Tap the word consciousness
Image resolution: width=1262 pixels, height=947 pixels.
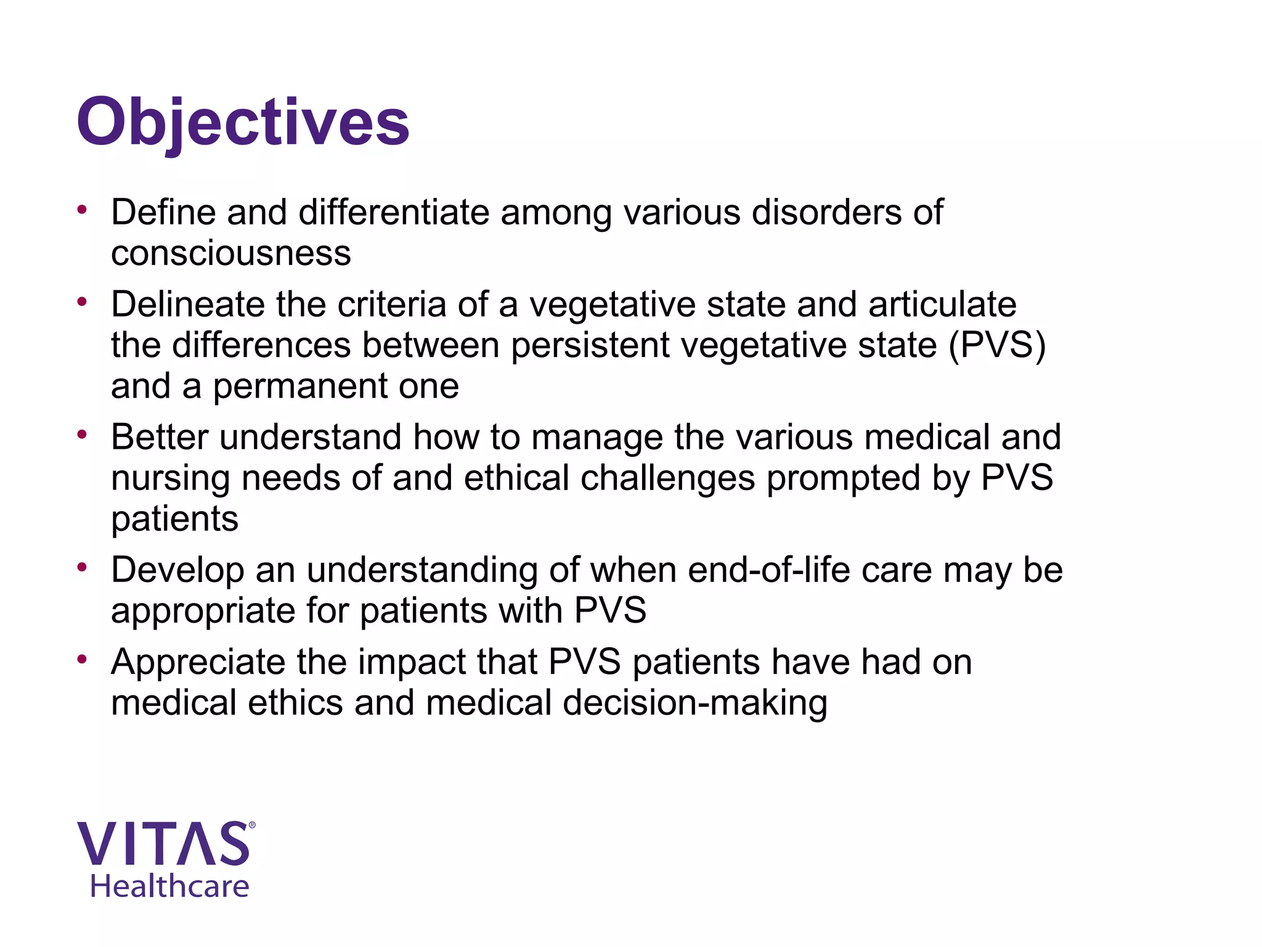[x=230, y=253]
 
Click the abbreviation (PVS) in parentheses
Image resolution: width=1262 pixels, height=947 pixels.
[x=996, y=345]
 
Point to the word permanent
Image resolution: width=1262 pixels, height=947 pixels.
[x=300, y=387]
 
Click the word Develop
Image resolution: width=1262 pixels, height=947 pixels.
[x=177, y=570]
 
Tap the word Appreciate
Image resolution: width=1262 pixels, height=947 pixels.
[x=198, y=662]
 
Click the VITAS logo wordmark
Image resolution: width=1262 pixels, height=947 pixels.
[x=163, y=843]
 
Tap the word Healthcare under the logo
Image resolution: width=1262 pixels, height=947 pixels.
[x=169, y=887]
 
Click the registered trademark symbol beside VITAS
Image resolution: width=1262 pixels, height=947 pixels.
[x=251, y=825]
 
